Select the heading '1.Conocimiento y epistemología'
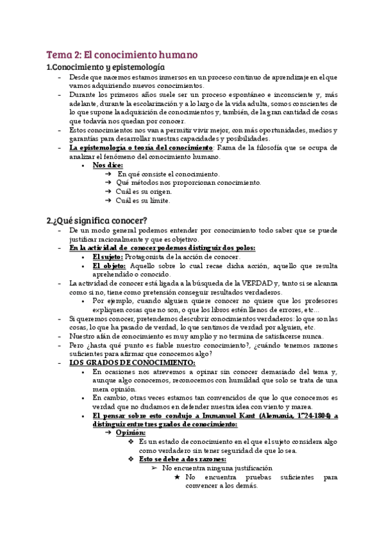(106, 67)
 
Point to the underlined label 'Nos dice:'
(108, 166)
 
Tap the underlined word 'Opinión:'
(131, 432)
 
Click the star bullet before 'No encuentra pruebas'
(178, 477)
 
